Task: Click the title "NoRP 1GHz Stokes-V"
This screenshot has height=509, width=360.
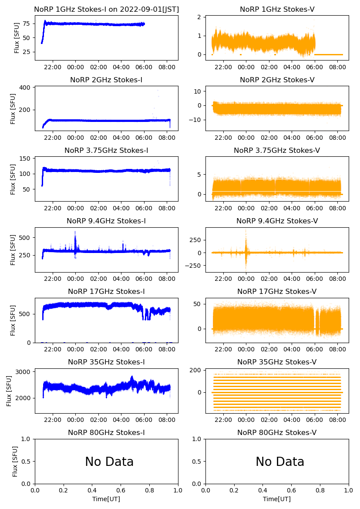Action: click(277, 9)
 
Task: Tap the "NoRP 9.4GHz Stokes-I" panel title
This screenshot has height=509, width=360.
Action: click(106, 221)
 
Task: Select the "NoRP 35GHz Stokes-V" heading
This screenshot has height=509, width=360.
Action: click(277, 362)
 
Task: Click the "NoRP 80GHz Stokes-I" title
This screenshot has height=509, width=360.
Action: click(106, 432)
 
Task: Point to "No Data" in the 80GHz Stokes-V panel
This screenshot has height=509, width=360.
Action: click(280, 462)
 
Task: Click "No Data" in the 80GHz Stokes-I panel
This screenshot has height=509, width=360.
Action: click(109, 462)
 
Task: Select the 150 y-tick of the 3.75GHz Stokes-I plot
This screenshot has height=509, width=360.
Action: click(25, 158)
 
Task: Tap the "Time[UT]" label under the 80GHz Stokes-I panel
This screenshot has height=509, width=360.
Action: click(106, 499)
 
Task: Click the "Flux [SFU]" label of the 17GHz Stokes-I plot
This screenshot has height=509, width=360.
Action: click(13, 320)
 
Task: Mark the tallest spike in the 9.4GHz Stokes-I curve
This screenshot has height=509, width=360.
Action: click(75, 231)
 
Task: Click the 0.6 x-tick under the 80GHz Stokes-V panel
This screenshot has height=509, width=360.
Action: click(292, 490)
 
